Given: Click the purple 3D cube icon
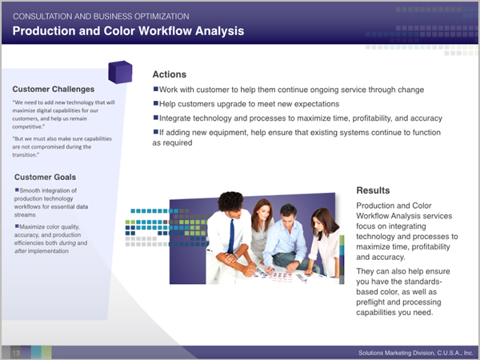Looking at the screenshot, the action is tap(120, 72).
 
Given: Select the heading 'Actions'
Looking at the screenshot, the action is tap(170, 74).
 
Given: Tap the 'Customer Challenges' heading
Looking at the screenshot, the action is tap(54, 89).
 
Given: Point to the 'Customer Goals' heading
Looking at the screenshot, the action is tap(45, 177).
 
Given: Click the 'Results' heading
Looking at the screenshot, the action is tap(373, 190).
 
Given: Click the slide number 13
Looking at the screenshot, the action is tap(16, 353).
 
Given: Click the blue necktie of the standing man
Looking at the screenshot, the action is tap(231, 237).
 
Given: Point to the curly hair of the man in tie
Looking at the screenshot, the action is tap(230, 201).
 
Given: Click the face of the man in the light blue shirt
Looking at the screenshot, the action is tap(288, 218).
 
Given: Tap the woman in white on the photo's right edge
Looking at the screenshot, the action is tap(325, 242).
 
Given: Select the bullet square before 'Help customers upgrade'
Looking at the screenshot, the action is tap(155, 103).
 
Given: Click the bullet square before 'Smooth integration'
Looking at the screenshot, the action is tap(17, 190).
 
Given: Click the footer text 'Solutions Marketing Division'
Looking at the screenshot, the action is tap(397, 353).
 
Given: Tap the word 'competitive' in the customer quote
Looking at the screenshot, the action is tap(27, 126).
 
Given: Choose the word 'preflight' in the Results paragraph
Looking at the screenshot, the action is tap(370, 302).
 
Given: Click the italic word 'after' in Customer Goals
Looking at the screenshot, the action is tap(20, 250).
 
